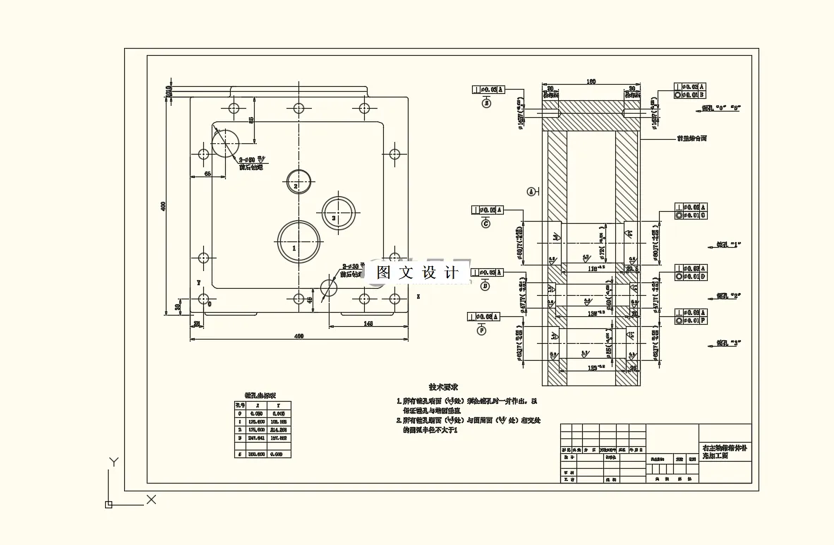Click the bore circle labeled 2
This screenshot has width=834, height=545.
tap(298, 181)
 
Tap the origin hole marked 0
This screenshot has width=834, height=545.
tap(203, 299)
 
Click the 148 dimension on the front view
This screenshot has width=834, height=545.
tap(368, 323)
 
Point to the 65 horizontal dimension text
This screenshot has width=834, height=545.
tap(208, 172)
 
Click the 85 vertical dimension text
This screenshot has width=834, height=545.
tap(252, 120)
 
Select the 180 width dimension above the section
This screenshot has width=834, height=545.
tap(592, 82)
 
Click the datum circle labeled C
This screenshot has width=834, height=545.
tap(485, 223)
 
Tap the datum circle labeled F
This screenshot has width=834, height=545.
tap(483, 329)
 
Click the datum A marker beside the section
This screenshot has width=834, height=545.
tap(531, 191)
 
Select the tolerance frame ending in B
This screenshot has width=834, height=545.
tap(690, 94)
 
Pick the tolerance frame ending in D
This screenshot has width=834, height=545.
tap(690, 277)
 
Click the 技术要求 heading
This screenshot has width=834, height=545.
tap(444, 388)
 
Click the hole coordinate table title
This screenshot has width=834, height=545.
tap(260, 395)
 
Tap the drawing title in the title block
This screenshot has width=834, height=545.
tap(725, 452)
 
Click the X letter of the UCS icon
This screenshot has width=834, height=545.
tap(151, 500)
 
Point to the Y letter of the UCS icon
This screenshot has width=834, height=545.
tap(112, 462)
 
